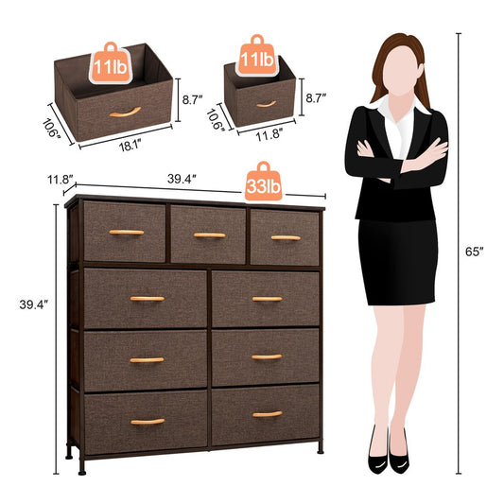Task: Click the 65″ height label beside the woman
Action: (x=476, y=252)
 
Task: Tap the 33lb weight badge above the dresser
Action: (x=263, y=187)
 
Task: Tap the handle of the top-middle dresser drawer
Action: (x=209, y=235)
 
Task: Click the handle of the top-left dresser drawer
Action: (x=126, y=232)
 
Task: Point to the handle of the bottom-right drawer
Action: (x=267, y=414)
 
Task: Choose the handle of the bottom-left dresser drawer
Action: (x=148, y=421)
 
